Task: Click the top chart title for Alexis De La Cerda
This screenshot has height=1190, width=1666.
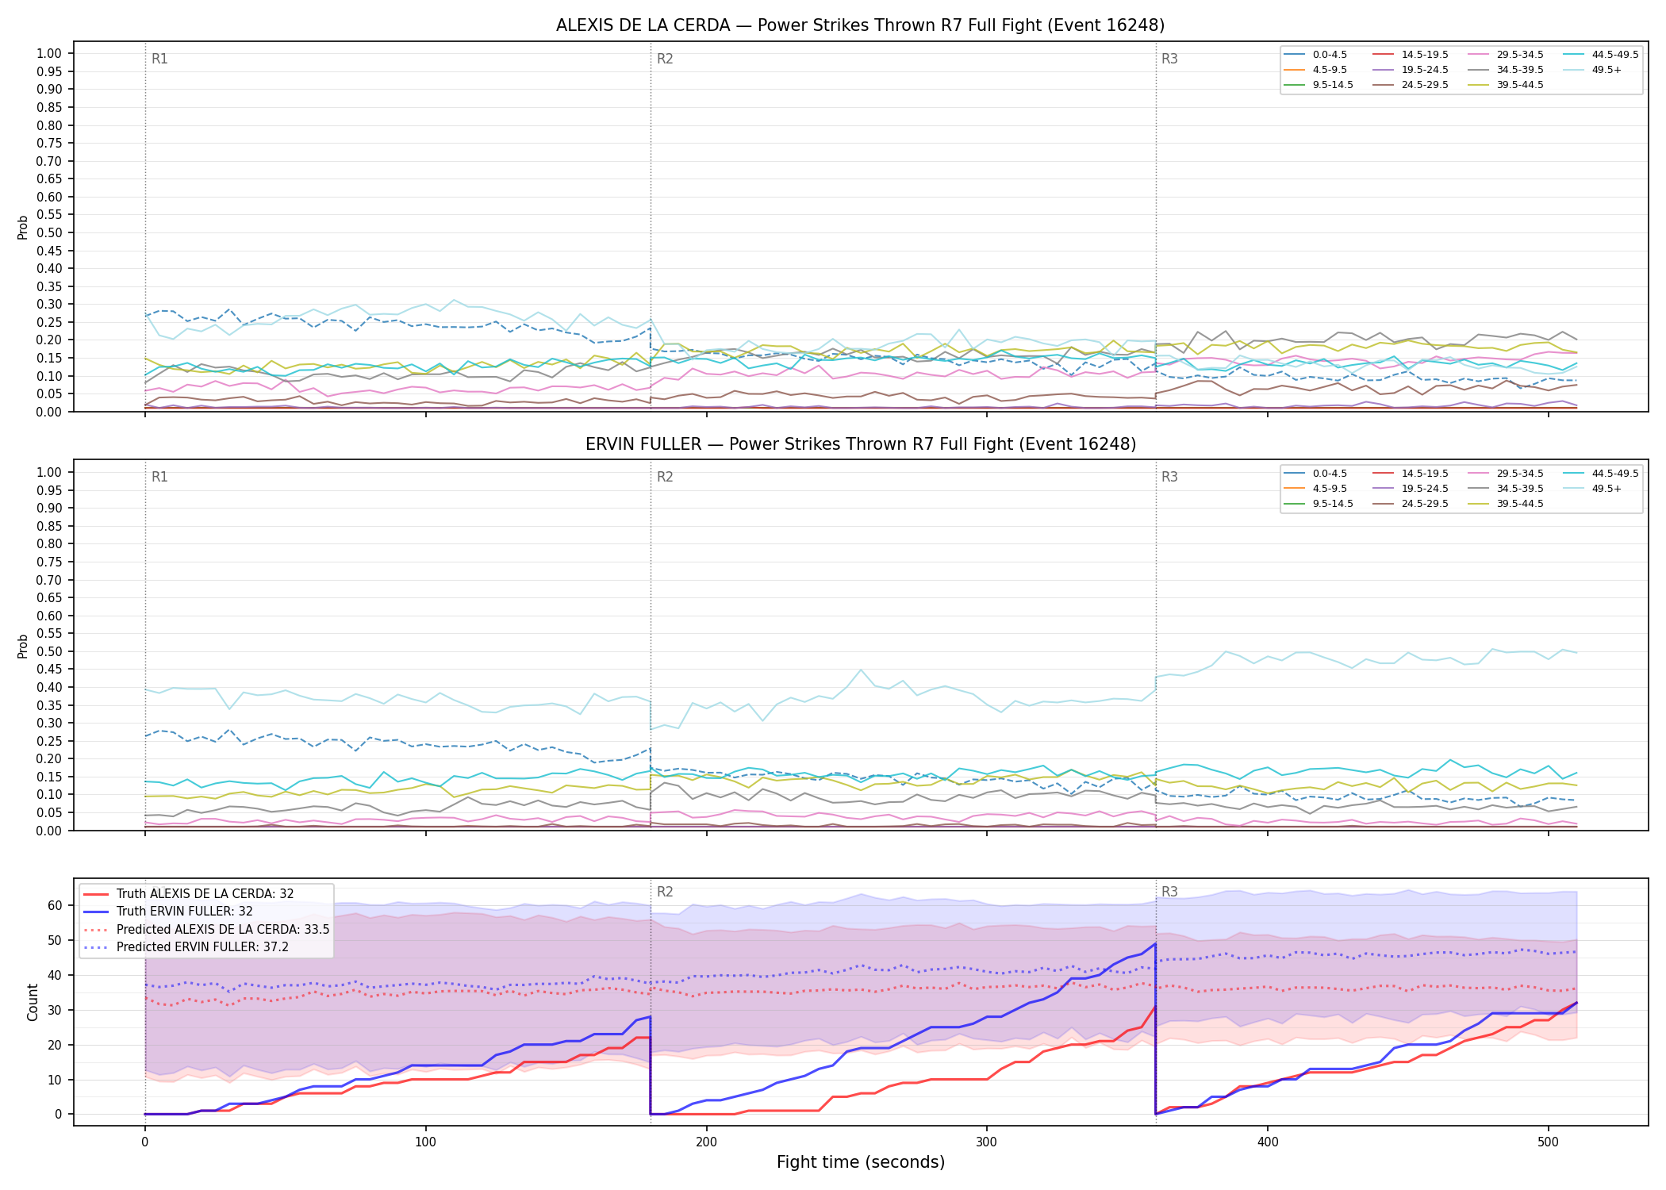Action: coord(860,25)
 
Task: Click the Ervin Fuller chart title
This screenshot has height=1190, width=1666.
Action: coord(860,444)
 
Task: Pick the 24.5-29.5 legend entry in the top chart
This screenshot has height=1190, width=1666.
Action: coord(1411,85)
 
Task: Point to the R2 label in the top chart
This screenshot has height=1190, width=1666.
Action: coord(665,59)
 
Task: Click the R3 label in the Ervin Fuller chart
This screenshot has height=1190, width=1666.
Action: coord(1169,477)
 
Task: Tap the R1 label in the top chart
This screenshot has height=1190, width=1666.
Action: coord(159,59)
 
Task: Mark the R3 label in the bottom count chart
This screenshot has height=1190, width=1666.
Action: coord(1169,892)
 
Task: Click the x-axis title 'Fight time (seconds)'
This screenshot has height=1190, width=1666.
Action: coord(861,1162)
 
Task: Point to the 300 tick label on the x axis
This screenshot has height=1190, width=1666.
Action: coord(987,1142)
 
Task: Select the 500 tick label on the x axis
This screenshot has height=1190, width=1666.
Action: coord(1549,1142)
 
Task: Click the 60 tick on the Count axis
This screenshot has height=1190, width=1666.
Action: coord(55,905)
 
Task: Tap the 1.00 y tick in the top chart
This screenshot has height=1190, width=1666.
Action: coord(49,54)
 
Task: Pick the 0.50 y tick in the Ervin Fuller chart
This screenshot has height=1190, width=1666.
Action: coord(49,651)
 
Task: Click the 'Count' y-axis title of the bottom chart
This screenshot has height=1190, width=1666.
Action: coord(33,1002)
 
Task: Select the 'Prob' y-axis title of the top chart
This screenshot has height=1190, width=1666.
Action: coord(23,227)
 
